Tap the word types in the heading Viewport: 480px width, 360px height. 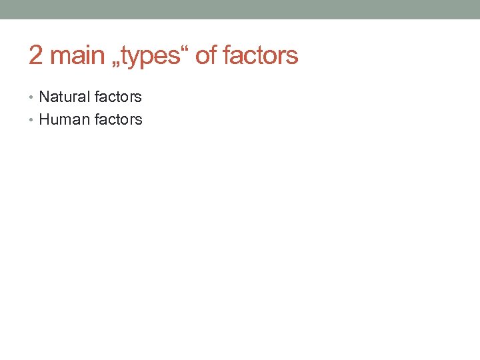point(153,57)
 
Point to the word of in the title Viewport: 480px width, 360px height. point(206,56)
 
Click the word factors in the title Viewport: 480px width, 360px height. point(261,56)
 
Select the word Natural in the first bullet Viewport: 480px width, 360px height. point(65,97)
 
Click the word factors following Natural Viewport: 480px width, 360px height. point(118,97)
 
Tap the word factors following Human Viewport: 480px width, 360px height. point(118,120)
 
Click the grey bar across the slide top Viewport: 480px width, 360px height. point(240,9)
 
